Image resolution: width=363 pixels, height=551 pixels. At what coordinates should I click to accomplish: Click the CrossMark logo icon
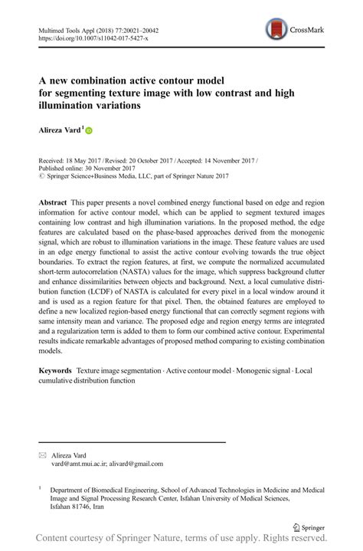(x=276, y=30)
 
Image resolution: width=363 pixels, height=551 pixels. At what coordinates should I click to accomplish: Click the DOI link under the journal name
(x=93, y=38)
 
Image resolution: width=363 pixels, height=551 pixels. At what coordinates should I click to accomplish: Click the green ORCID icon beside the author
(x=88, y=132)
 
